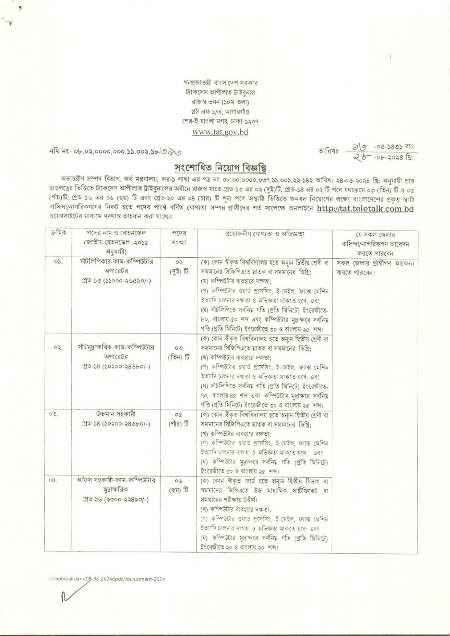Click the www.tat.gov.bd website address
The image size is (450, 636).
(x=220, y=132)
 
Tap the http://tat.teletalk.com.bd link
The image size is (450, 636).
(x=365, y=209)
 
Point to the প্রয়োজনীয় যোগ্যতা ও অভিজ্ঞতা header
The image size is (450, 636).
(x=264, y=234)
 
